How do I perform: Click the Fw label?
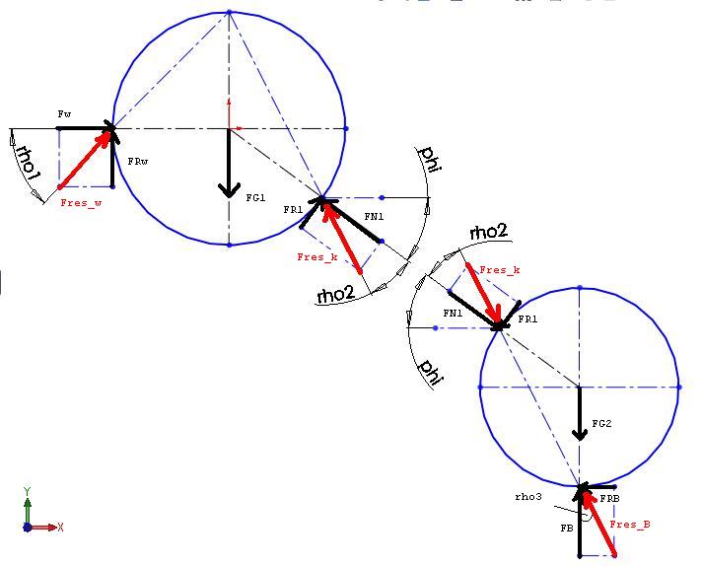click(x=64, y=114)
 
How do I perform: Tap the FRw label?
click(x=138, y=162)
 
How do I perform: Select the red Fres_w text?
click(x=82, y=203)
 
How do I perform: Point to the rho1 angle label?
click(x=27, y=162)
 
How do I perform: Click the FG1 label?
click(x=256, y=197)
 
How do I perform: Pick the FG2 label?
click(x=601, y=423)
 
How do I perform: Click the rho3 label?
click(x=528, y=497)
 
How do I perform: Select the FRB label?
click(x=609, y=499)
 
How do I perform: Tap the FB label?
click(x=567, y=529)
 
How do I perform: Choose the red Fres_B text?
click(x=630, y=525)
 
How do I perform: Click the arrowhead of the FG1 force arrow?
click(x=229, y=190)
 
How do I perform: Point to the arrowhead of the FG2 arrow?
click(x=580, y=434)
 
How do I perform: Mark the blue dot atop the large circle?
click(x=229, y=13)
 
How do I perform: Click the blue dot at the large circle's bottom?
click(x=229, y=245)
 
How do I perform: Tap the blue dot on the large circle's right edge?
click(x=346, y=129)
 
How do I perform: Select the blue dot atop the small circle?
click(x=580, y=288)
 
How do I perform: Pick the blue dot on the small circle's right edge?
click(x=679, y=388)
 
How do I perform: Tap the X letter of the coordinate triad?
click(x=60, y=528)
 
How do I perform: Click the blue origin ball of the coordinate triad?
click(x=28, y=528)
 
